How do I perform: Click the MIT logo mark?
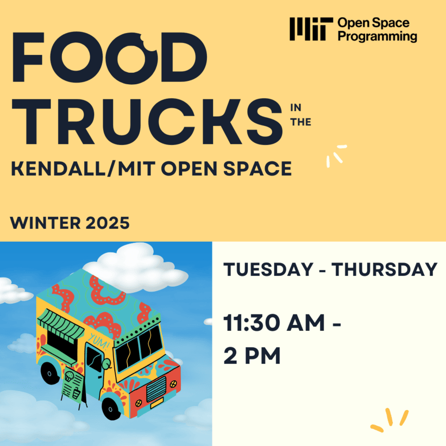point(311,29)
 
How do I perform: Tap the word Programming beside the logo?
point(377,36)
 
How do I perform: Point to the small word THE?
point(301,122)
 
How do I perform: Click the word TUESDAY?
point(263,269)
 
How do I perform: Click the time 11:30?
point(257,325)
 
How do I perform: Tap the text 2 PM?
point(252,356)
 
